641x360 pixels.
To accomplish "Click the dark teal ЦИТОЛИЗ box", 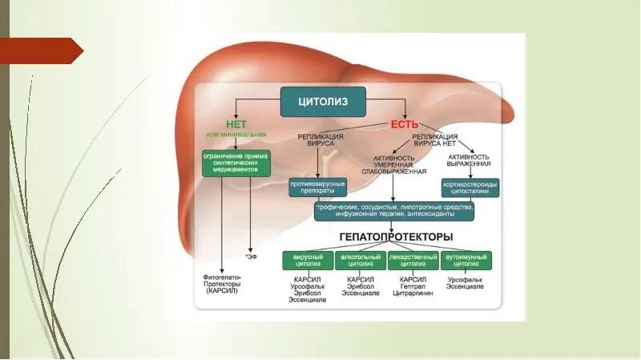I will click(x=323, y=102).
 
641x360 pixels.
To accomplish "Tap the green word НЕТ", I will click(x=236, y=124).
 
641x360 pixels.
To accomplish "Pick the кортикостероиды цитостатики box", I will click(x=470, y=187).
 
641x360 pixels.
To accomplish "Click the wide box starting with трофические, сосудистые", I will click(x=394, y=210).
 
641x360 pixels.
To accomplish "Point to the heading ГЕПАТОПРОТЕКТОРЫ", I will click(x=396, y=237).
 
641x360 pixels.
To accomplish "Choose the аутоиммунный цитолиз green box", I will click(x=466, y=260).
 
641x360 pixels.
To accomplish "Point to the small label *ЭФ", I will click(x=252, y=257).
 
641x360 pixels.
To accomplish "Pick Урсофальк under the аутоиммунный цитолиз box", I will click(x=466, y=278).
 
